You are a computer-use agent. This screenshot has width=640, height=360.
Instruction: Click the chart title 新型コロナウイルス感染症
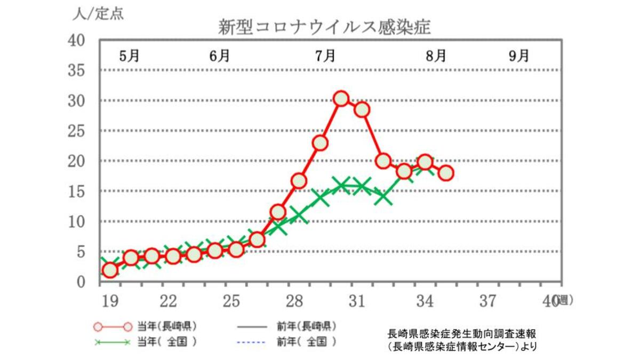pos(324,27)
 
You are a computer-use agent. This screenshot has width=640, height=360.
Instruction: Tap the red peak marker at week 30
pos(341,99)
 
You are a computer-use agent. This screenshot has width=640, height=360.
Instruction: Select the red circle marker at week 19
pos(110,270)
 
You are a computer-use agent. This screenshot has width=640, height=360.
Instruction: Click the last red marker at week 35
pos(446,173)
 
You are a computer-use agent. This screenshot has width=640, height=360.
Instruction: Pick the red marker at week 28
pos(299,181)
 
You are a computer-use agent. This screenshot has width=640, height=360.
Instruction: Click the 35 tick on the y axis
pos(78,71)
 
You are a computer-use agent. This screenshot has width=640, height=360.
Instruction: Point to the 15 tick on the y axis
pos(78,191)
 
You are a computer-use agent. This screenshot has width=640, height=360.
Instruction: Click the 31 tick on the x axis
pos(356,302)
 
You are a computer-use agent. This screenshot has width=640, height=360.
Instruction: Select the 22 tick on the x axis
pos(168,302)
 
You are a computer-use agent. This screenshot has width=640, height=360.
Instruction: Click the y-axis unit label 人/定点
pos(98,14)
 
